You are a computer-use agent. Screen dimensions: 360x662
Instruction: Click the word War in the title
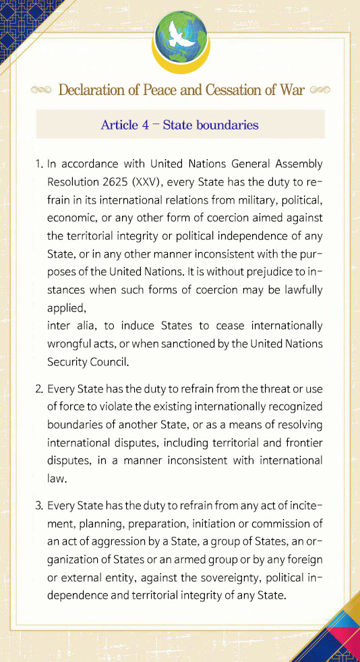[290, 90]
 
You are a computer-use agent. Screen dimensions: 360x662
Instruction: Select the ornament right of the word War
[319, 90]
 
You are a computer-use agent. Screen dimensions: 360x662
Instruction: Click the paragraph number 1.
[38, 164]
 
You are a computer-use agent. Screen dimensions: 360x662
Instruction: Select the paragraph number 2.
[38, 389]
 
